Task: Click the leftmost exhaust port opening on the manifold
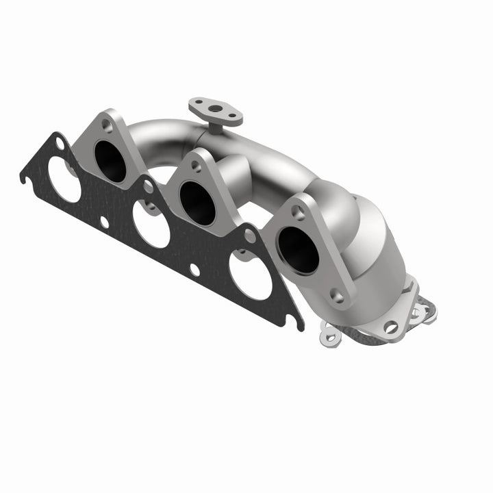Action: [110, 162]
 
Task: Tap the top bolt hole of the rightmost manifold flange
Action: [299, 213]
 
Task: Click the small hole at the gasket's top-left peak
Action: [60, 146]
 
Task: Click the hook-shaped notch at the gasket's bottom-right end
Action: [296, 322]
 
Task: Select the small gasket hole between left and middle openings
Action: [104, 221]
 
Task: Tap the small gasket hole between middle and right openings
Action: [195, 269]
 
